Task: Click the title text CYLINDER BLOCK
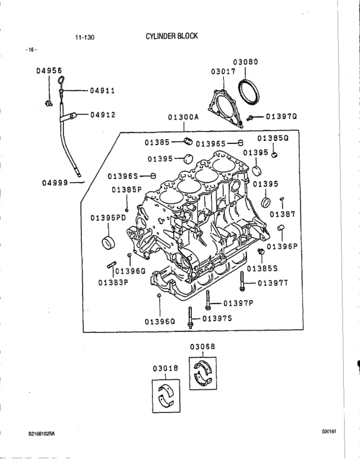click(x=171, y=36)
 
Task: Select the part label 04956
click(x=49, y=71)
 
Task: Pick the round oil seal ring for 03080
click(x=249, y=92)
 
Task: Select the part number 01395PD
click(x=108, y=218)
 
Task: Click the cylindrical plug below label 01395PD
click(x=108, y=243)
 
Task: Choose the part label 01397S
click(x=217, y=318)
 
